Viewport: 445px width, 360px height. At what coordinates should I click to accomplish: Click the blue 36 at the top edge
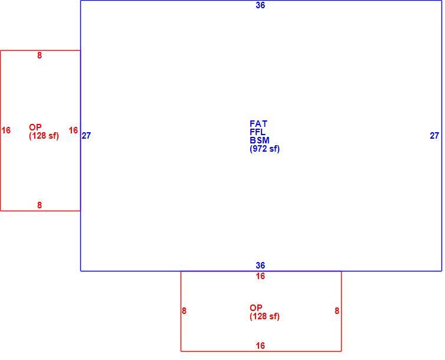[x=260, y=5]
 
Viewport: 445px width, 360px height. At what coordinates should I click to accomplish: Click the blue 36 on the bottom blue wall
[x=260, y=266]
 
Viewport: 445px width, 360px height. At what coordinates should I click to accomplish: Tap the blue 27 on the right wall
[x=434, y=136]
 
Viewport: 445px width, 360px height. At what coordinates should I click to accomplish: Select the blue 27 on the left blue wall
[x=87, y=136]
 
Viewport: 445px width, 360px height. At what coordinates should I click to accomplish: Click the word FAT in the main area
[x=259, y=124]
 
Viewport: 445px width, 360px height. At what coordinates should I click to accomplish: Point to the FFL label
[x=258, y=132]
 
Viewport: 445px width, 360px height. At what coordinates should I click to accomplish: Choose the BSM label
[x=260, y=140]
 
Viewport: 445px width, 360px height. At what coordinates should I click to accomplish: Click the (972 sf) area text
[x=265, y=149]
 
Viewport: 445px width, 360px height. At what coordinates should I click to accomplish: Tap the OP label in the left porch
[x=35, y=127]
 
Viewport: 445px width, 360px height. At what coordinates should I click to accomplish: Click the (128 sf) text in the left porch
[x=44, y=136]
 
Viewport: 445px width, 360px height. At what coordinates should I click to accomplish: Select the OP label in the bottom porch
[x=256, y=308]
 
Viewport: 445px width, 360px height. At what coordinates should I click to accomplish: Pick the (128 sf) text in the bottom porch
[x=265, y=316]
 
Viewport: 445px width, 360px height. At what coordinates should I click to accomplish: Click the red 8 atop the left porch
[x=40, y=55]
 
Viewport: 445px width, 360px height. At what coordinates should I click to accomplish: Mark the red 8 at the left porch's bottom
[x=40, y=205]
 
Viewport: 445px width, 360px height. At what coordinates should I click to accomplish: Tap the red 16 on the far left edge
[x=6, y=130]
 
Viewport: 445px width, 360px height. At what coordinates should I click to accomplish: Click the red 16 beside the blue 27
[x=73, y=130]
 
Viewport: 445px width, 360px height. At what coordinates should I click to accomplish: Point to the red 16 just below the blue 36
[x=260, y=276]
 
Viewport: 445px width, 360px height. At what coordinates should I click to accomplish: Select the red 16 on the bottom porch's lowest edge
[x=260, y=346]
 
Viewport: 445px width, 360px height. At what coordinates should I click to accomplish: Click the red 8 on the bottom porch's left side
[x=184, y=311]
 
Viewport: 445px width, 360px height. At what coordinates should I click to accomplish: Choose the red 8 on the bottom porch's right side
[x=337, y=311]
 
